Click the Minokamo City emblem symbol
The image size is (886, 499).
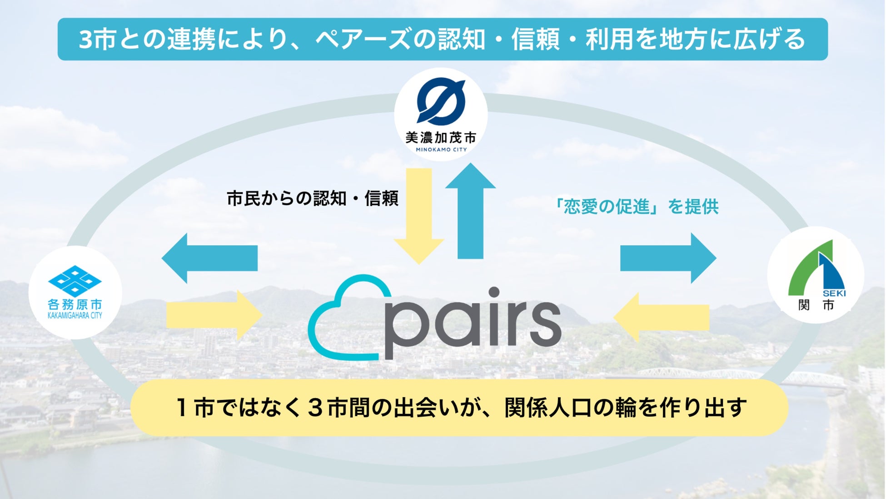click(441, 101)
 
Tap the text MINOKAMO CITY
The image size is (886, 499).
click(441, 150)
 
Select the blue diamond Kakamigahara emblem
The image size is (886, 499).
click(75, 281)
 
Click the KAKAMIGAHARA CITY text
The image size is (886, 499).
click(75, 315)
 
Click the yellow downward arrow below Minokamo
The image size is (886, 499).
click(419, 214)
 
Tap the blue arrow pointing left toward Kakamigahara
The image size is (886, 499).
click(209, 258)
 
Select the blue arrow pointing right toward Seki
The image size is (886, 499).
click(668, 258)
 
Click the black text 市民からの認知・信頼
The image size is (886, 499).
click(313, 198)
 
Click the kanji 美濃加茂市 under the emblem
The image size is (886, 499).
click(441, 137)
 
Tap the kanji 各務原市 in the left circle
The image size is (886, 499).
click(75, 304)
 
